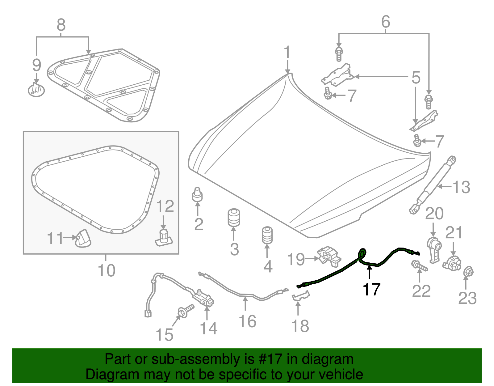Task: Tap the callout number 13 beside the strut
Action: (461, 187)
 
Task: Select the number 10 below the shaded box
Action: (107, 270)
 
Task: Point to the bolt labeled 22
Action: (419, 266)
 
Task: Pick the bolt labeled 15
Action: (186, 311)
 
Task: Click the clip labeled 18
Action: (300, 296)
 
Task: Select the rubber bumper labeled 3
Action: (234, 218)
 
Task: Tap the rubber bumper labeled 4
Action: (267, 235)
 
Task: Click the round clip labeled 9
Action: (36, 90)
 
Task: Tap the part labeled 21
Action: (452, 263)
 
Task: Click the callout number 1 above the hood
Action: (287, 52)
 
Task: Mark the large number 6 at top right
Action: (386, 22)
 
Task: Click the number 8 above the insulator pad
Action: (61, 25)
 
